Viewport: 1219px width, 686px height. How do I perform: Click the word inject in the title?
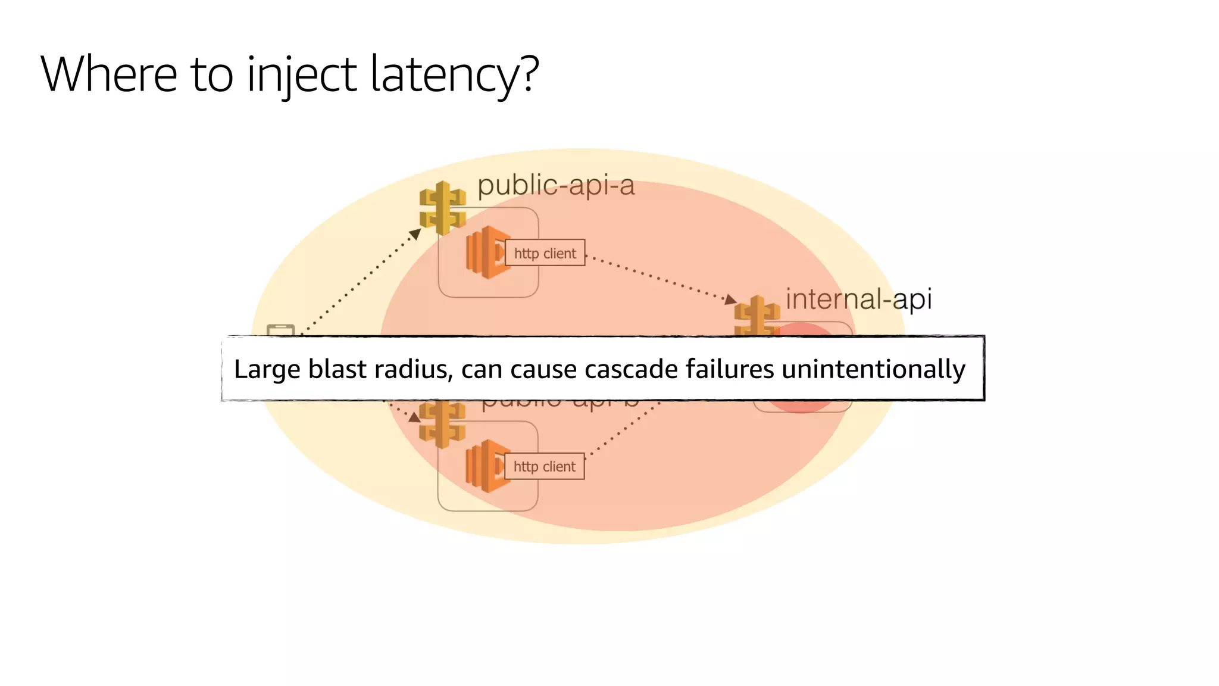pyautogui.click(x=301, y=74)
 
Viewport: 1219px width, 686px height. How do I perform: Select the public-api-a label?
pyautogui.click(x=556, y=185)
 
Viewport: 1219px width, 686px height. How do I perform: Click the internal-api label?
pyautogui.click(x=858, y=298)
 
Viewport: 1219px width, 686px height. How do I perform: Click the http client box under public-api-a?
pyautogui.click(x=545, y=253)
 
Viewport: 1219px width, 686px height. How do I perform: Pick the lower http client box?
pyautogui.click(x=545, y=466)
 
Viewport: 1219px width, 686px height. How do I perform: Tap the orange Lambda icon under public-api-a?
pyautogui.click(x=485, y=252)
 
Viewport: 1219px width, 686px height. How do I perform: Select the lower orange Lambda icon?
pyautogui.click(x=485, y=466)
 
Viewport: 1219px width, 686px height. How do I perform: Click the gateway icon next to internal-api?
pyautogui.click(x=757, y=316)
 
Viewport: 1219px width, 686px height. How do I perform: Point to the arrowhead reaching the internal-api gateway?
pyautogui.click(x=730, y=300)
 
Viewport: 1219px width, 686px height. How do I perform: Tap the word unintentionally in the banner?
pyautogui.click(x=873, y=369)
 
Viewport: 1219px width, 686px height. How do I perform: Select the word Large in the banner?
pyautogui.click(x=267, y=369)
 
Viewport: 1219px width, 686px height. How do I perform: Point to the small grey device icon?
pyautogui.click(x=281, y=330)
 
